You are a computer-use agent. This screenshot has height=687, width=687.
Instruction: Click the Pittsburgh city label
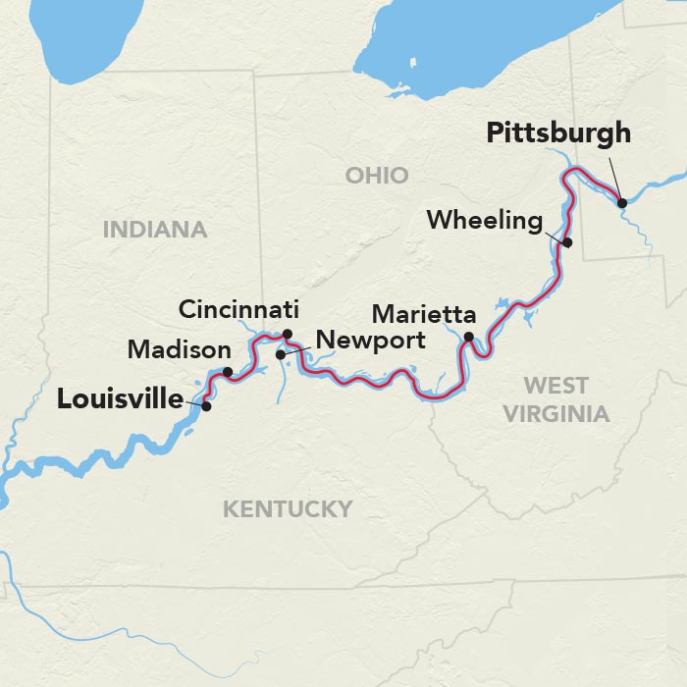click(557, 132)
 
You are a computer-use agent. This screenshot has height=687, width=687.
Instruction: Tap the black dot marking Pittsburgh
click(622, 203)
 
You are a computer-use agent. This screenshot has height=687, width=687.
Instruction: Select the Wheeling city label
click(484, 221)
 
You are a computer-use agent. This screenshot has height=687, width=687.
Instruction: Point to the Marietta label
click(424, 315)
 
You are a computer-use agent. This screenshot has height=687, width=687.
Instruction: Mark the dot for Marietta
click(468, 338)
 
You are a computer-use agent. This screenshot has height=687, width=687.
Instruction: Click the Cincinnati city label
click(238, 310)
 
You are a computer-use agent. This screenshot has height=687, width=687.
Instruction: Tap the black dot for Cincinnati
click(288, 334)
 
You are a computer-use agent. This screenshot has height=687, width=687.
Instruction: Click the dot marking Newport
click(281, 354)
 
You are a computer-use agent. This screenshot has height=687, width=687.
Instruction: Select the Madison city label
click(180, 349)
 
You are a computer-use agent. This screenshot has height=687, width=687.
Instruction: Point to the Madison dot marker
click(228, 372)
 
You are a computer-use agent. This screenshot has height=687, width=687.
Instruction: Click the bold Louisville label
click(120, 399)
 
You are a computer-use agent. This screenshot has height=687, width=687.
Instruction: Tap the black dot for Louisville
click(206, 405)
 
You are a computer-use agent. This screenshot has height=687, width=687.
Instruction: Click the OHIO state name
click(376, 176)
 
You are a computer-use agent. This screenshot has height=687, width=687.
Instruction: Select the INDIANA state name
click(155, 230)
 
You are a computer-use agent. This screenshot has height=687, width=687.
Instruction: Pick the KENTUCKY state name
click(287, 508)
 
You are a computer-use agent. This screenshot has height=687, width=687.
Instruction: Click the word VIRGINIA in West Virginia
click(556, 413)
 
